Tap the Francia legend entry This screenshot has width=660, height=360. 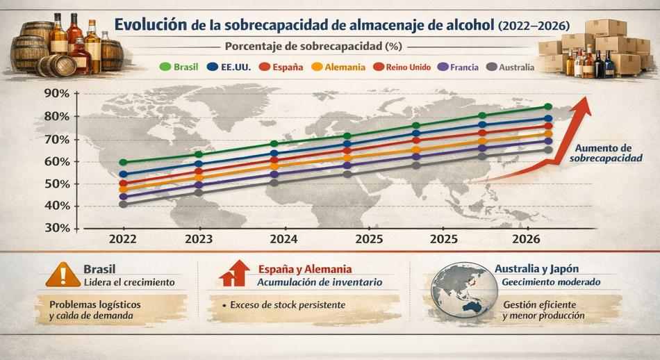coord(459,67)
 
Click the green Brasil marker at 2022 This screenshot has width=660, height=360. coord(123,162)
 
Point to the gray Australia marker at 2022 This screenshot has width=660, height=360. coord(123,204)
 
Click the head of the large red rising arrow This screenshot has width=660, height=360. coord(582,104)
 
